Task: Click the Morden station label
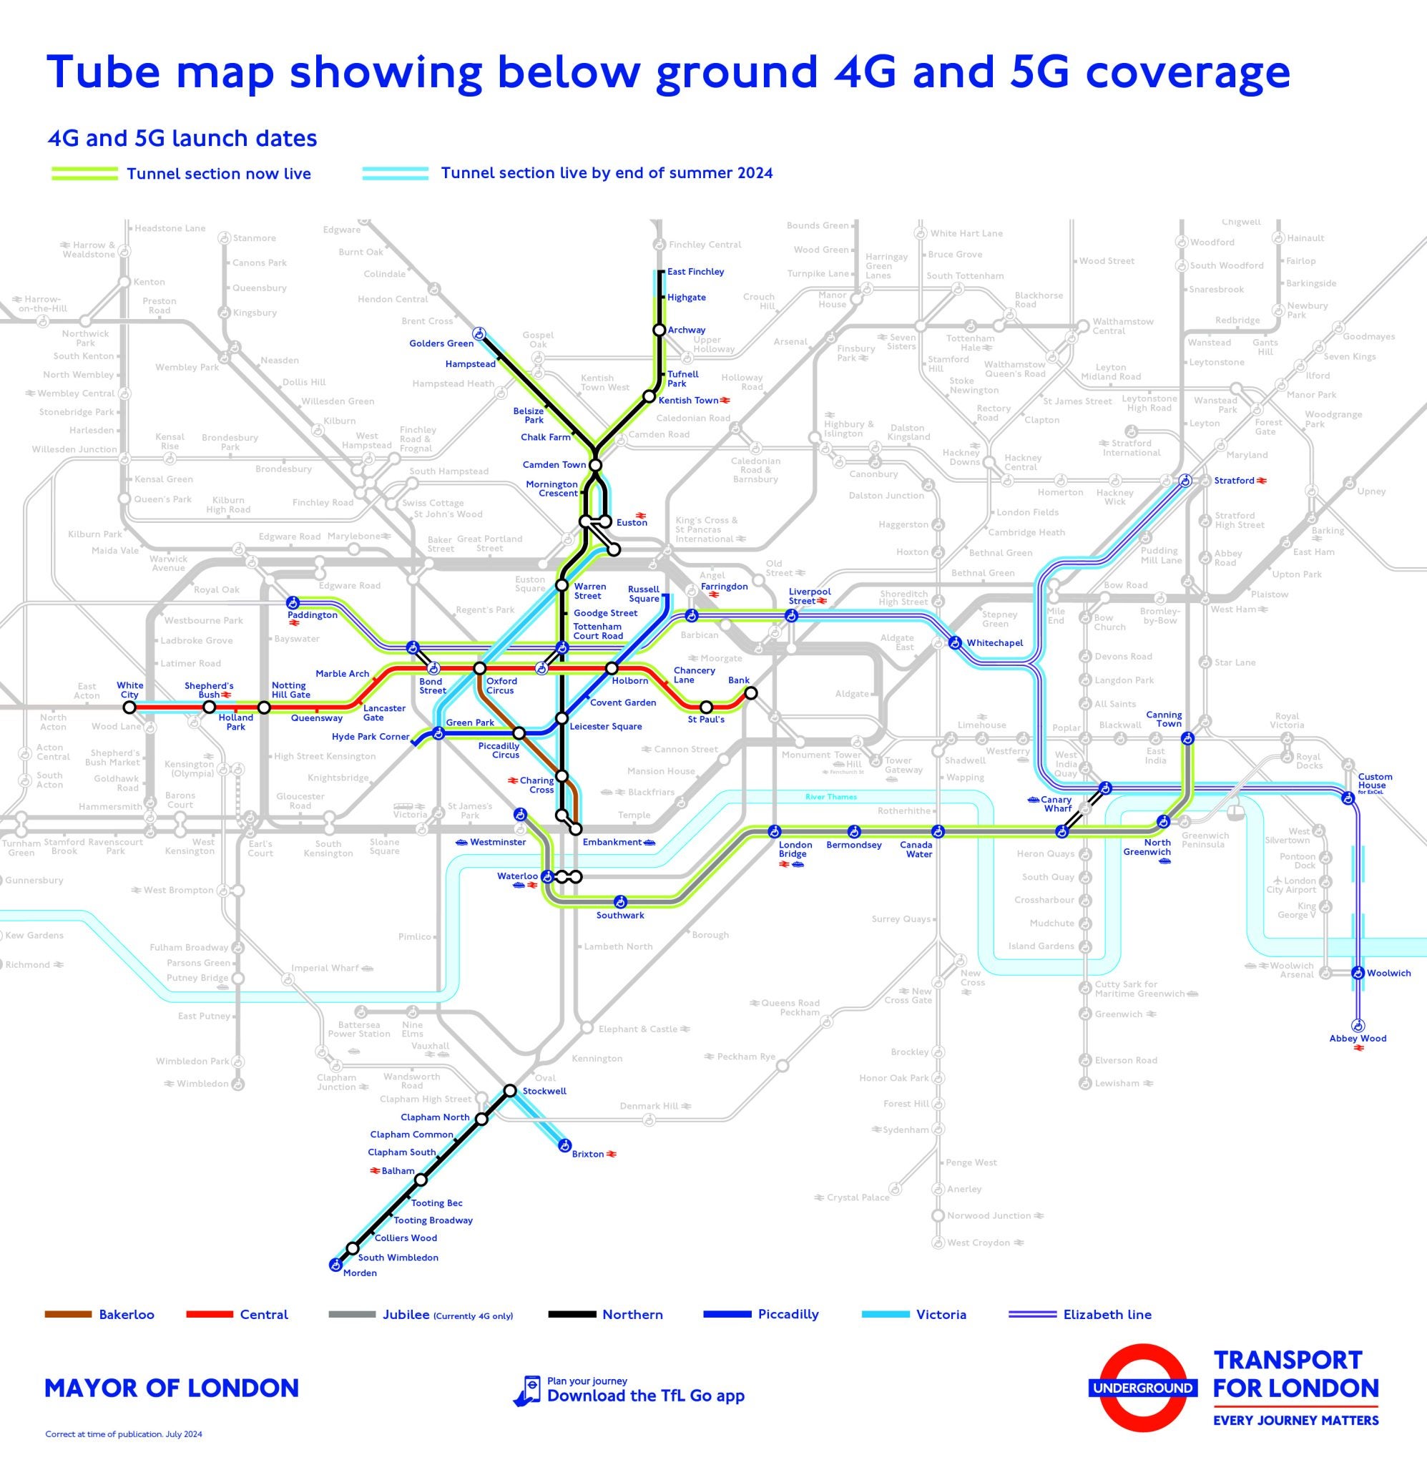[x=360, y=1273]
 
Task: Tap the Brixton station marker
[x=564, y=1145]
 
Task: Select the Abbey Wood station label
[x=1358, y=1038]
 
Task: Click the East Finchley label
[x=695, y=272]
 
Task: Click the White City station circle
[x=129, y=707]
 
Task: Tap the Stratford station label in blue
[x=1234, y=480]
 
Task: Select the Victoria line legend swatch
[x=884, y=1314]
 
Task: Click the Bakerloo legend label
[x=127, y=1314]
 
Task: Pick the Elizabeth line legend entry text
[x=1107, y=1314]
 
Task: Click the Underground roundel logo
[x=1141, y=1388]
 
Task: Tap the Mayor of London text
[x=172, y=1388]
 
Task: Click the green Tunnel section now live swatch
[x=84, y=174]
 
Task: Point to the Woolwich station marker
[x=1358, y=973]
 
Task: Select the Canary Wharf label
[x=1056, y=803]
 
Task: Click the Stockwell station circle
[x=509, y=1090]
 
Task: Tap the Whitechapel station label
[x=994, y=643]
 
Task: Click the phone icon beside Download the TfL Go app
[x=529, y=1390]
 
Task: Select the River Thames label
[x=830, y=797]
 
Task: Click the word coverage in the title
[x=1187, y=72]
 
